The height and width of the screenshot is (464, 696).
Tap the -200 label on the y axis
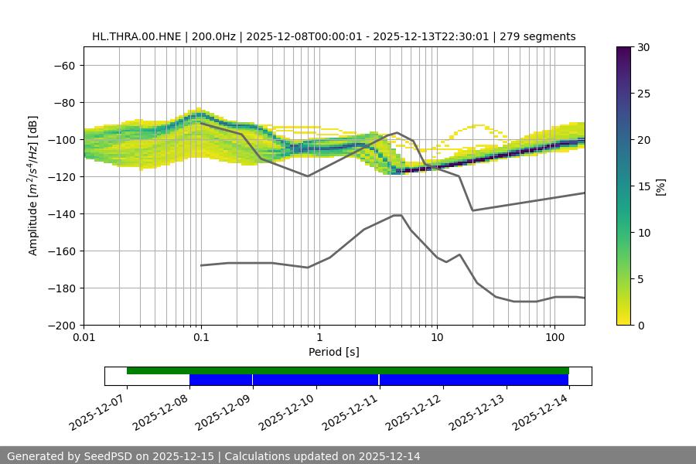[63, 325]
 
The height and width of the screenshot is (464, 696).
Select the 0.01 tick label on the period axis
[84, 338]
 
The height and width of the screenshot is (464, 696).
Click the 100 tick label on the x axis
[554, 338]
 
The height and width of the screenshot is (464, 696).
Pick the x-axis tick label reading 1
[319, 338]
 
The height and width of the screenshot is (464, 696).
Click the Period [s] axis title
[333, 352]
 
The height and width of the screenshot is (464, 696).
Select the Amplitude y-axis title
[32, 186]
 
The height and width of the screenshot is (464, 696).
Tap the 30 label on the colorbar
[643, 47]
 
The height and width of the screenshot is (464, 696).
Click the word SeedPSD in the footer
[107, 456]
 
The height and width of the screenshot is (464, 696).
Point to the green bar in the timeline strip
[348, 370]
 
